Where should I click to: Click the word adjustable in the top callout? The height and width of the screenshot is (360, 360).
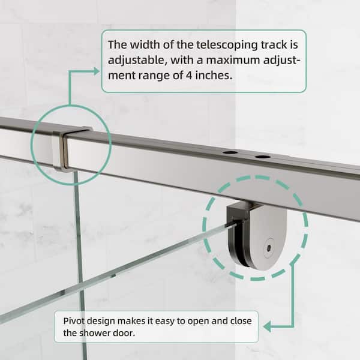tap(135, 61)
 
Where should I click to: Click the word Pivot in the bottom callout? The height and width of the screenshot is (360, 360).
tap(74, 319)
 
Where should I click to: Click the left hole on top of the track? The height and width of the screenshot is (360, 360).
tap(230, 153)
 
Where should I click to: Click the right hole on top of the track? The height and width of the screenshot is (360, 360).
tap(262, 157)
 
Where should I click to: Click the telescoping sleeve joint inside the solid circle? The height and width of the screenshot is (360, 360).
tap(64, 148)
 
